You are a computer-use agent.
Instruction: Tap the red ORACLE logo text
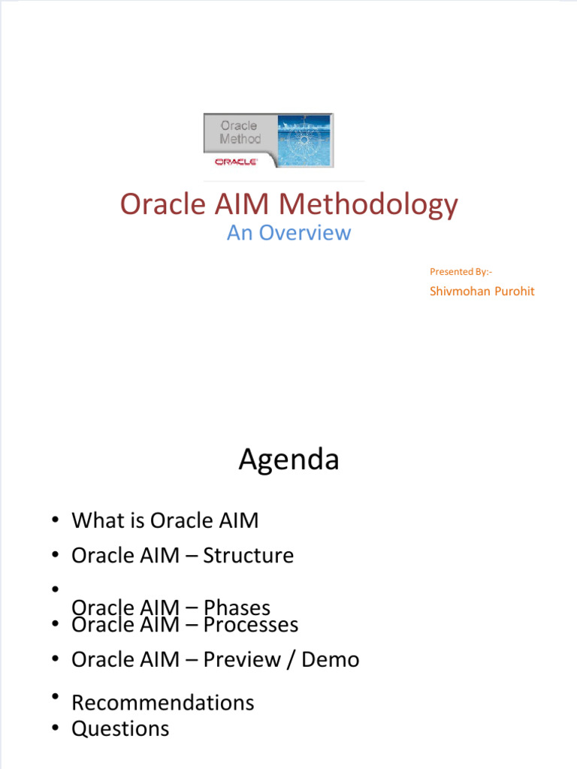(237, 161)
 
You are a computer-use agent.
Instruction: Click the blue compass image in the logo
(305, 140)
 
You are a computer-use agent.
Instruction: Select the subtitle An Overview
(288, 233)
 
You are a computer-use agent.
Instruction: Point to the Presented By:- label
(461, 271)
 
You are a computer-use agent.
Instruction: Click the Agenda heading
(288, 460)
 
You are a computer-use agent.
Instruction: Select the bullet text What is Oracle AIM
(166, 520)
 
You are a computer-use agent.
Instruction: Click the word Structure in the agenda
(249, 556)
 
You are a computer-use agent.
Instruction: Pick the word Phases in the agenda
(237, 608)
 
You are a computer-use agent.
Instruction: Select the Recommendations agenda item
(162, 703)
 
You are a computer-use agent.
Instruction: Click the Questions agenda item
(120, 728)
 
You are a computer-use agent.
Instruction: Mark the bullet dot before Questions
(56, 728)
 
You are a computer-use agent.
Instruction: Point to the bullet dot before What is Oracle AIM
(56, 520)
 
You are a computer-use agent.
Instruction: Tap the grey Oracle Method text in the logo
(240, 132)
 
